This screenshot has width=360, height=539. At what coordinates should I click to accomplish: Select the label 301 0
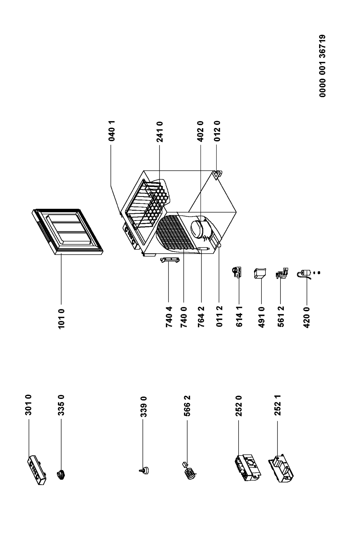click(28, 405)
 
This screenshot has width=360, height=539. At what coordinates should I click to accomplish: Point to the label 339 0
click(143, 406)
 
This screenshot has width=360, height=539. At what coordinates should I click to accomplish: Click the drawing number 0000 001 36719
click(322, 66)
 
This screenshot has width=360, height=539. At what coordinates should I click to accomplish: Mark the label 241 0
click(159, 132)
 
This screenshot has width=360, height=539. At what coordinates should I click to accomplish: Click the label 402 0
click(200, 131)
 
